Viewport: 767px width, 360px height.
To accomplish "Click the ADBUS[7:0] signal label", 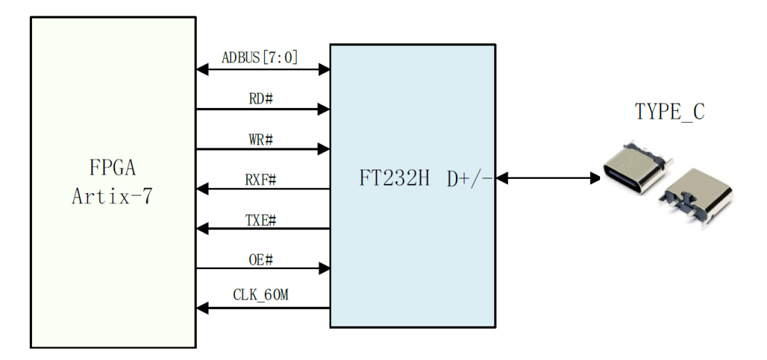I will [x=260, y=58].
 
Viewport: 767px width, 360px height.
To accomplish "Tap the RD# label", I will [x=261, y=98].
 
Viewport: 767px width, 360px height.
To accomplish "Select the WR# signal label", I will [x=261, y=138].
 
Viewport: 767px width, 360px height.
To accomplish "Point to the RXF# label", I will [x=261, y=179].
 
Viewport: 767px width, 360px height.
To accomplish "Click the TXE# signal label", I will [x=261, y=219].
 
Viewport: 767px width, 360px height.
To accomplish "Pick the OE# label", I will [x=261, y=259].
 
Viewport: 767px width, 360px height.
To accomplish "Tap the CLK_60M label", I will [x=261, y=295].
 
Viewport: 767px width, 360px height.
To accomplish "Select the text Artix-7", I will [x=111, y=197].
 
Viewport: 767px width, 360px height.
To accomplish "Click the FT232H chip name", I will [x=394, y=178].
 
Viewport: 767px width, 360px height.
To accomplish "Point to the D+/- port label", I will [x=469, y=178].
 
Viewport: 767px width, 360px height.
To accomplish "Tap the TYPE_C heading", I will [x=669, y=112].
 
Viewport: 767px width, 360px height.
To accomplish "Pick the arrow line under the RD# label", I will [x=263, y=109].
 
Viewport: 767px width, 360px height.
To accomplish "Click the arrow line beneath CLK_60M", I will [x=263, y=308].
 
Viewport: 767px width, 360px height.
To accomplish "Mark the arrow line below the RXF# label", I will [x=263, y=189].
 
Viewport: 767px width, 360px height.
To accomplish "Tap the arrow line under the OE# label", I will [x=263, y=268].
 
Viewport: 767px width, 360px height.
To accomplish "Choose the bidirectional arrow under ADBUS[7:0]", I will [x=263, y=70].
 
